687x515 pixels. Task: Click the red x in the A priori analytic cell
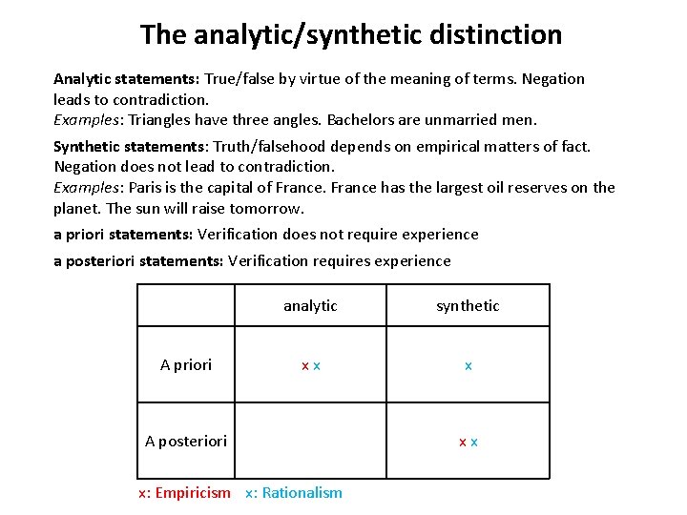tap(304, 366)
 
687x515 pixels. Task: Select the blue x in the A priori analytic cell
tap(316, 366)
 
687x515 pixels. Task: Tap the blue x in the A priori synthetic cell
tap(468, 366)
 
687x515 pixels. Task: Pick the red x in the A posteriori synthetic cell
tap(463, 443)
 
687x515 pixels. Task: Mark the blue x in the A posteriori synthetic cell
tap(474, 443)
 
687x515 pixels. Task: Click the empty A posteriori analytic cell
tap(310, 441)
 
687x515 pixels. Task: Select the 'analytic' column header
tap(310, 305)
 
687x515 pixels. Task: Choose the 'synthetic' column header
tap(468, 305)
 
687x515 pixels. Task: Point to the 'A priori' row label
tap(186, 364)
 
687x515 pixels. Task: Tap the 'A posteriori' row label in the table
tap(186, 441)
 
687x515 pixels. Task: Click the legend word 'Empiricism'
tap(193, 493)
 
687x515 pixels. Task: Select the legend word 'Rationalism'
tap(302, 493)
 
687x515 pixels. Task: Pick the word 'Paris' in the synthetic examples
tap(146, 187)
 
